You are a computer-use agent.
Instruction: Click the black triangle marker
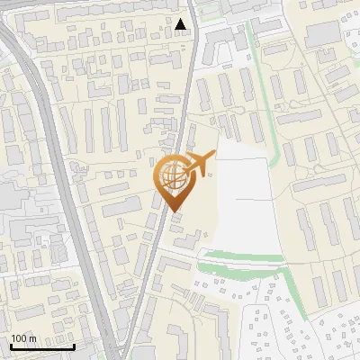(182, 24)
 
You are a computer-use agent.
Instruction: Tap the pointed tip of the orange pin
(175, 211)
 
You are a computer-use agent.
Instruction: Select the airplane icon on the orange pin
(197, 164)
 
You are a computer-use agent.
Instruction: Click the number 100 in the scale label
(19, 338)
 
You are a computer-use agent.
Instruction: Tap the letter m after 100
(32, 338)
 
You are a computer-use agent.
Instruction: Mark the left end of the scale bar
(10, 346)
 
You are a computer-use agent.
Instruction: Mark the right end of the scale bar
(74, 346)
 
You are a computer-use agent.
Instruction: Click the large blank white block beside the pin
(243, 202)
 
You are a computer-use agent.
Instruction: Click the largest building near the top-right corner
(321, 35)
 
